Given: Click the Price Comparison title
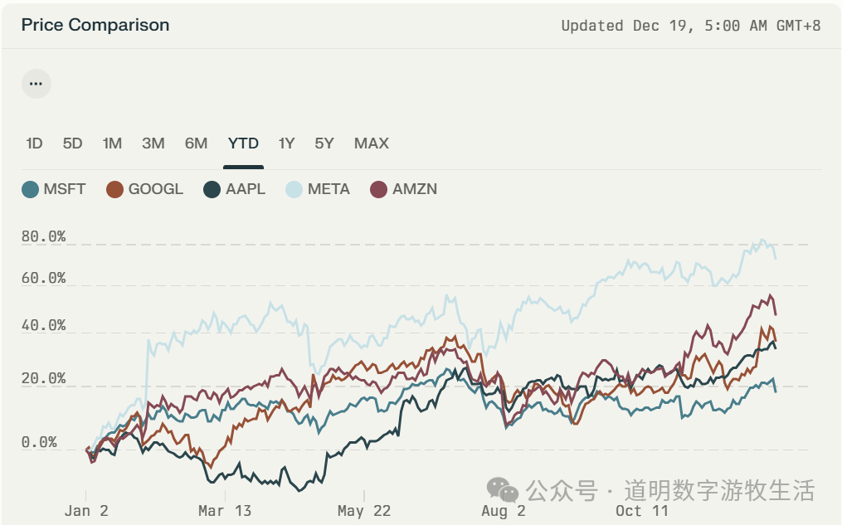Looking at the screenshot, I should coord(95,25).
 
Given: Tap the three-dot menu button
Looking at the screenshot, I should coord(36,84).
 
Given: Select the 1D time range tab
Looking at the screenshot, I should coord(34,143).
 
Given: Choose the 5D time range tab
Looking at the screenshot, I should coord(73,143).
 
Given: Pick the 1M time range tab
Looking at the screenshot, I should coord(112,143).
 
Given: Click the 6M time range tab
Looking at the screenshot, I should coord(196,143).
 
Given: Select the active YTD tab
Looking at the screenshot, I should coord(243,143).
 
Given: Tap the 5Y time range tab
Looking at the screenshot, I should coord(324,143).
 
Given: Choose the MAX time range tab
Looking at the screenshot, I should coord(371,143).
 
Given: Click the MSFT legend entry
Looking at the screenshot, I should coord(54,189).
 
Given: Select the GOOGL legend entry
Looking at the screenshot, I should coord(145,189).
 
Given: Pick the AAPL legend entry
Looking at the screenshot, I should coord(235,189).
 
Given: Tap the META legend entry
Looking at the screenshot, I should coord(319,189).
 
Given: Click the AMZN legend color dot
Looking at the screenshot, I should coord(379,189).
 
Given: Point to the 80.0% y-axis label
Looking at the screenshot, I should coord(43,237).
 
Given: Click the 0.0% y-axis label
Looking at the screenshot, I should coord(39,443).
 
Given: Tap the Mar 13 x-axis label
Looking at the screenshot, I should coord(224,511).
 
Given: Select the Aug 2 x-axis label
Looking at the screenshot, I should coord(503,511).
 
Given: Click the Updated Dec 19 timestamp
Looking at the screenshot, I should coord(690,26).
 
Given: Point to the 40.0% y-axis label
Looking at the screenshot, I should coord(43,326).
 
